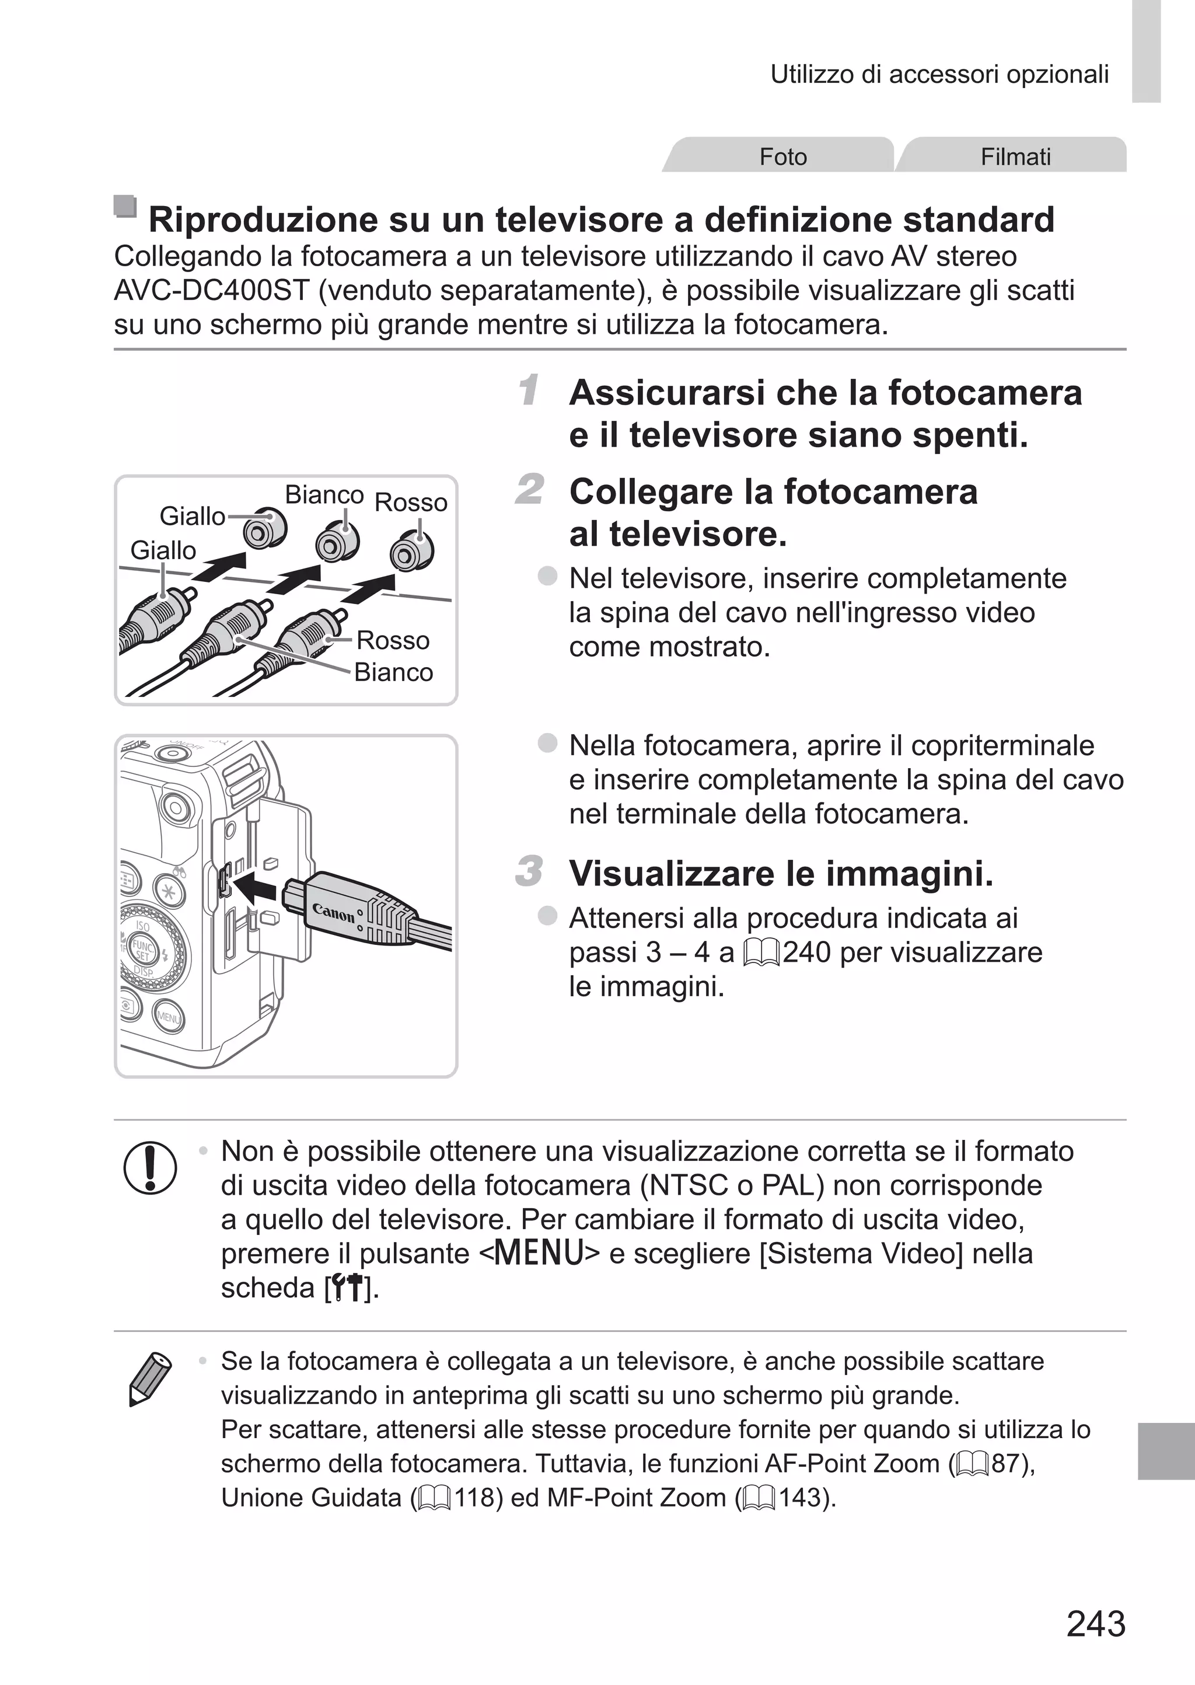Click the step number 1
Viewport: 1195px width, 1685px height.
pos(527,390)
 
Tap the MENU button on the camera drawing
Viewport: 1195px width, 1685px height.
pos(168,1018)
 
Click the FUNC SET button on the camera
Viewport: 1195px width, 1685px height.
pos(141,949)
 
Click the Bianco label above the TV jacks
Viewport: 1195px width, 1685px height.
pos(324,494)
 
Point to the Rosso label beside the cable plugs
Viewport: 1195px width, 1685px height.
pos(392,640)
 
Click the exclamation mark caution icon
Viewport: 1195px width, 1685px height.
pos(150,1167)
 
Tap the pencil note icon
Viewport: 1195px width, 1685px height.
pos(149,1377)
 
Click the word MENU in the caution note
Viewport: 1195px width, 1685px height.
pos(539,1253)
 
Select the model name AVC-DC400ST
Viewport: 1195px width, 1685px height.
pos(212,291)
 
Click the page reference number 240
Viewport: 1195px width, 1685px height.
pos(806,952)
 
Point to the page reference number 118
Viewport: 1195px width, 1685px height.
pos(477,1498)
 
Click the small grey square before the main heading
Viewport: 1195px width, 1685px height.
pos(125,206)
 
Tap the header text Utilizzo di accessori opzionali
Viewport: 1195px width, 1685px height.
pos(939,74)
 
